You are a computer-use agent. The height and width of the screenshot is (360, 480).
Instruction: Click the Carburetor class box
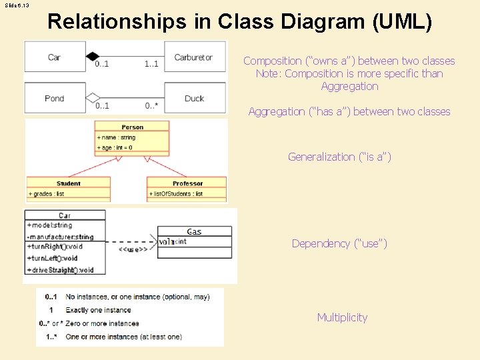(x=193, y=57)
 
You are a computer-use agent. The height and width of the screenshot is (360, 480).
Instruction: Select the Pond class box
(x=55, y=98)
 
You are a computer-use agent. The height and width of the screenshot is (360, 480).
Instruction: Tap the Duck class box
(x=194, y=98)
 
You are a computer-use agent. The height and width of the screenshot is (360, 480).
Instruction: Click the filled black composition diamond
(x=93, y=57)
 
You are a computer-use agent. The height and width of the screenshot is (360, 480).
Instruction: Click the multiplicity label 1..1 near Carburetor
(x=151, y=65)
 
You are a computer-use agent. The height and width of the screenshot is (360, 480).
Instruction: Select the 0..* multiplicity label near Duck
(x=153, y=105)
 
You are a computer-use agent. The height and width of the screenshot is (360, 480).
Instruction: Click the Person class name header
(x=133, y=127)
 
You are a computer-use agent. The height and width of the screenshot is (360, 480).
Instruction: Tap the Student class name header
(x=69, y=183)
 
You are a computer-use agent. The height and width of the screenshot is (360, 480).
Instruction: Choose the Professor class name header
(x=187, y=183)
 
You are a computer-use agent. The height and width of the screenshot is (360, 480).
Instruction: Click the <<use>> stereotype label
(x=133, y=250)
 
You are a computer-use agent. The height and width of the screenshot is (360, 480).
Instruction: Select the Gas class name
(x=194, y=231)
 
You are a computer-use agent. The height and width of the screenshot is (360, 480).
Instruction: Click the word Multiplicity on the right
(x=342, y=317)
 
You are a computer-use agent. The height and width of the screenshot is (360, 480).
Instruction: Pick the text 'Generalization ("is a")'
(x=339, y=157)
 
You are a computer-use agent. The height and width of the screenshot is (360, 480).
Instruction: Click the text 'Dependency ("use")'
(x=339, y=243)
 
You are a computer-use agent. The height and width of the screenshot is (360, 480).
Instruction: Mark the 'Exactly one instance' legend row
(x=98, y=310)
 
